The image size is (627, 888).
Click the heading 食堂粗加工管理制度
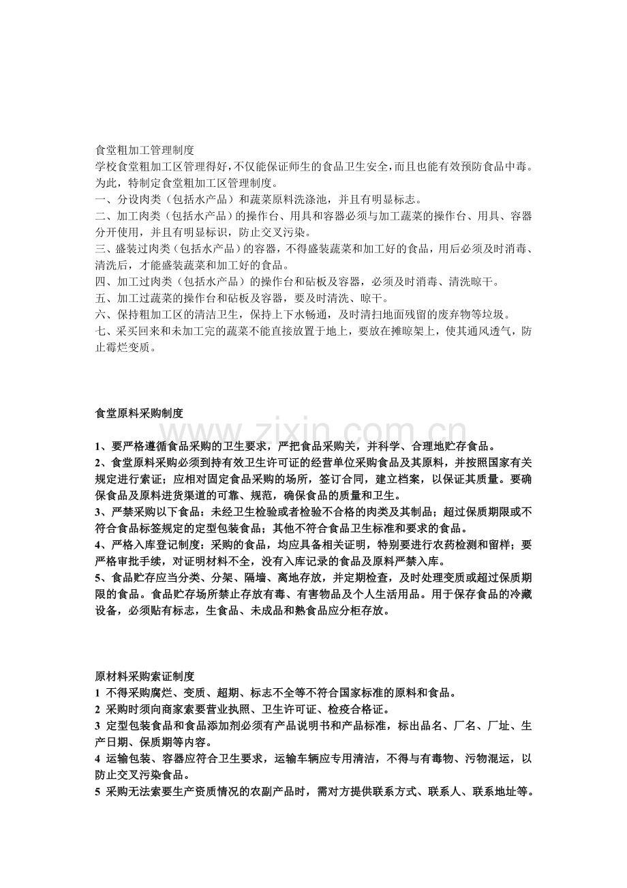pyautogui.click(x=144, y=149)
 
